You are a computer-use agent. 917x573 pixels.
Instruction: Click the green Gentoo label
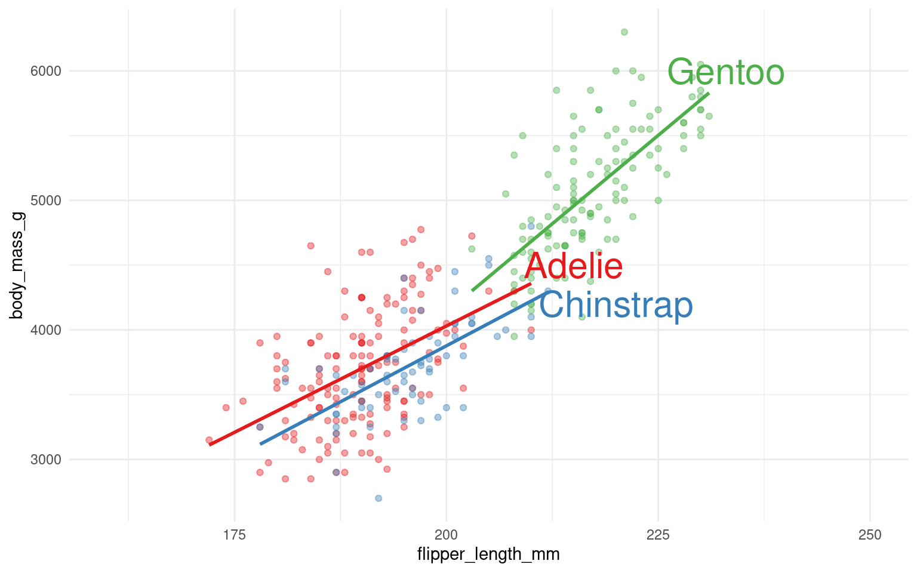coord(725,72)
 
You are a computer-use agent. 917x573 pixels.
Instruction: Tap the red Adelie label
coord(574,266)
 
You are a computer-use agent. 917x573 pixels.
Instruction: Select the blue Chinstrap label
coord(616,306)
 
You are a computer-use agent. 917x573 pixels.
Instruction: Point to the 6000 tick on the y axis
coord(45,71)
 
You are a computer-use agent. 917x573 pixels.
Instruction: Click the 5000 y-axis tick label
coord(45,201)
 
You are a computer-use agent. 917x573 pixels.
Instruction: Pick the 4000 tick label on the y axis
coord(45,330)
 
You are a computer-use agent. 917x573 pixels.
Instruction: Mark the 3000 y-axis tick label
coord(45,460)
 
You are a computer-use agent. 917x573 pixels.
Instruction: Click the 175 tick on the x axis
coord(234,535)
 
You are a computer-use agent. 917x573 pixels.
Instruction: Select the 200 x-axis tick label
coord(446,535)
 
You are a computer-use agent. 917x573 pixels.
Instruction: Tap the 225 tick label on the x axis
coord(658,535)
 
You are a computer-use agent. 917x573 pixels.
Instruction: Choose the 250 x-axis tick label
coord(870,535)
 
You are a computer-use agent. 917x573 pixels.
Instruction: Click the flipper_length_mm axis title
coord(488,554)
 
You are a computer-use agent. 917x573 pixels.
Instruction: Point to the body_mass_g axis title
coord(17,265)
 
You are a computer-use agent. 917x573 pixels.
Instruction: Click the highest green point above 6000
coord(624,32)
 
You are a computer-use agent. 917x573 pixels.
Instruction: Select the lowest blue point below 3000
coord(379,498)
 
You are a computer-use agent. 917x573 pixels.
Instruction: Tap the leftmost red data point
coord(209,440)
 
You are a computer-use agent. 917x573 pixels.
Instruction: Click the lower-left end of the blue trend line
coord(261,443)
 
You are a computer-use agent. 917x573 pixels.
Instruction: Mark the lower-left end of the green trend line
coord(473,290)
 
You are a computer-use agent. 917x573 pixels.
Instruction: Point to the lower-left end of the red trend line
coord(210,444)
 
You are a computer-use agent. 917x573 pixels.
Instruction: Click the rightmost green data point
coord(709,116)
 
